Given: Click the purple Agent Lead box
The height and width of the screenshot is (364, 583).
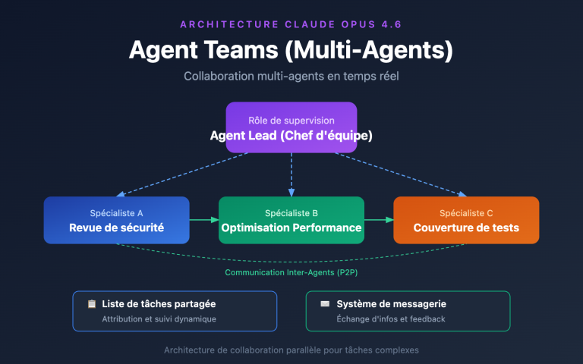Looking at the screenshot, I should tap(291, 127).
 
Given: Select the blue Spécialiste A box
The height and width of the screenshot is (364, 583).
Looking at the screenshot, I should tap(116, 220).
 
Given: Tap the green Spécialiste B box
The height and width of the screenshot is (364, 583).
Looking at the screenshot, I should tap(291, 220).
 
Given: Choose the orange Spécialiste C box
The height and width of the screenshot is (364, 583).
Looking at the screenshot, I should tap(466, 220).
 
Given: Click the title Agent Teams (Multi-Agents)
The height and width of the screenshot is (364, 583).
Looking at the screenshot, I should tap(291, 51).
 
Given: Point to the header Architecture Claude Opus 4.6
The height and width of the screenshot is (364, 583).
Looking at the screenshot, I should tap(291, 24).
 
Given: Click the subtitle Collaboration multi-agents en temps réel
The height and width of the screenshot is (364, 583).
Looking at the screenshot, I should tap(291, 77).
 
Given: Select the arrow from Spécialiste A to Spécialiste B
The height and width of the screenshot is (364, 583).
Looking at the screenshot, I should tap(203, 220).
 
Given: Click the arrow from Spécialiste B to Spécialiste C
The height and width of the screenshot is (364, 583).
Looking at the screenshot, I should tap(379, 220).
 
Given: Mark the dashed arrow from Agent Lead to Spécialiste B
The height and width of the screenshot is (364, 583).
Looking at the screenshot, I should tap(291, 174).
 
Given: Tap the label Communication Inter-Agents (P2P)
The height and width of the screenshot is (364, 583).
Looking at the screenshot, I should tap(291, 272).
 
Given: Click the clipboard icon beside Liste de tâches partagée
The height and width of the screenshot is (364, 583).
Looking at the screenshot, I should tap(92, 304).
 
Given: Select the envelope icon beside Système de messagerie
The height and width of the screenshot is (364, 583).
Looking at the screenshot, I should tap(325, 304).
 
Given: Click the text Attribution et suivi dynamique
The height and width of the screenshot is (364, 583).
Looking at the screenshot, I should tap(159, 319).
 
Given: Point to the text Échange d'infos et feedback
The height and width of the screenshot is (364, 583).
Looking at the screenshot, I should tap(390, 319).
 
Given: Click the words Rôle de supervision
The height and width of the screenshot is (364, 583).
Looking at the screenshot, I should tap(291, 121).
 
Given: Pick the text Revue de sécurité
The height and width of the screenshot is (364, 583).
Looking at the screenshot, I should tap(116, 227).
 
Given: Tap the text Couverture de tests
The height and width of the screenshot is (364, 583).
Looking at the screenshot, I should tap(466, 227).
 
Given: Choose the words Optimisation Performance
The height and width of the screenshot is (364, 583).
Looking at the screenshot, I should tap(291, 227).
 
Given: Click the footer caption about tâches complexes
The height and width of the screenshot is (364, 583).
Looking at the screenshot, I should tap(291, 350).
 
